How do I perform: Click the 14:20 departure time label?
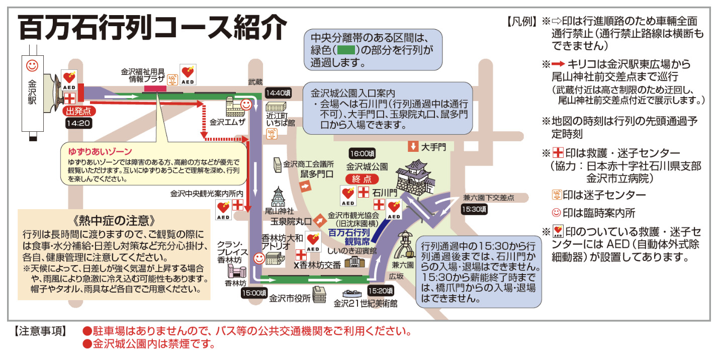pyautogui.click(x=79, y=123)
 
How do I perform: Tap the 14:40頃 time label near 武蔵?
pyautogui.click(x=278, y=93)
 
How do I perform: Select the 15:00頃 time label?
pyautogui.click(x=254, y=293)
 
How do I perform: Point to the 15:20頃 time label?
pyautogui.click(x=381, y=291)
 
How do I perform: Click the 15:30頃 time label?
pyautogui.click(x=475, y=209)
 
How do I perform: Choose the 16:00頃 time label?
pyautogui.click(x=363, y=153)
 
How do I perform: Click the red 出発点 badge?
pyautogui.click(x=78, y=111)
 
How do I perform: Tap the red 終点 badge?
pyautogui.click(x=362, y=179)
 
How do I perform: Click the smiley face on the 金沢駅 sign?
pyautogui.click(x=32, y=66)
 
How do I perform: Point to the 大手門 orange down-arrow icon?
pyautogui.click(x=413, y=146)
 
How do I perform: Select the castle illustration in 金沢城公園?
pyautogui.click(x=415, y=178)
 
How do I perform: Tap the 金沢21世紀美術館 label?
pyautogui.click(x=366, y=304)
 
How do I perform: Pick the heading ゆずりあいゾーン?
pyautogui.click(x=100, y=152)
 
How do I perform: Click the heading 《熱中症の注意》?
pyautogui.click(x=114, y=221)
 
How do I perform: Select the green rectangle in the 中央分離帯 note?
pyautogui.click(x=346, y=50)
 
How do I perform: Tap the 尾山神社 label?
pyautogui.click(x=279, y=211)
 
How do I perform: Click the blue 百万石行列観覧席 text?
pyautogui.click(x=349, y=237)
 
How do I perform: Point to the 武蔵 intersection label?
pyautogui.click(x=255, y=82)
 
